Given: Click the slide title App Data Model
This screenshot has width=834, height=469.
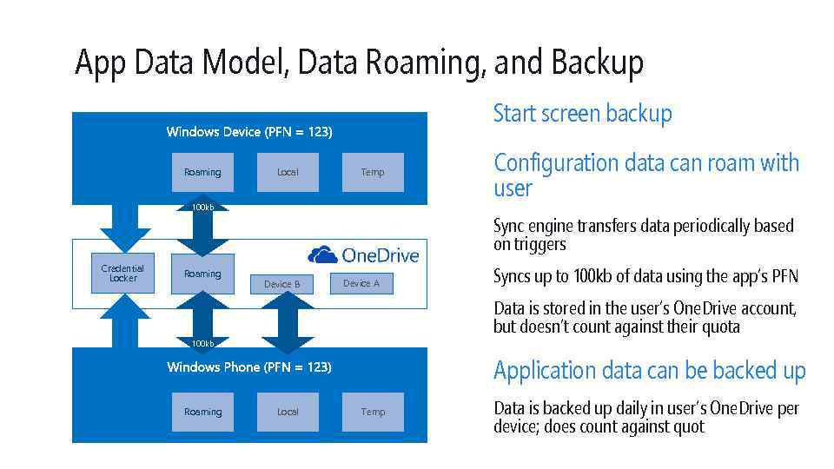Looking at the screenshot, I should (358, 63).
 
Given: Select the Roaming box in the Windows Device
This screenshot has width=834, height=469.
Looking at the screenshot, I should (202, 172).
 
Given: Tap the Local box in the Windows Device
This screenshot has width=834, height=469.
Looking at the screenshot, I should (288, 172).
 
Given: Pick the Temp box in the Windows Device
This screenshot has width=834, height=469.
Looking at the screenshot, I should (373, 172).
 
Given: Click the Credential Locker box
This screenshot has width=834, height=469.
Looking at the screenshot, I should (123, 274).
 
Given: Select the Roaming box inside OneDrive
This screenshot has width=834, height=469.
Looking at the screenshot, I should (202, 274).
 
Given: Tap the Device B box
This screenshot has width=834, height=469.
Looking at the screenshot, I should (282, 284).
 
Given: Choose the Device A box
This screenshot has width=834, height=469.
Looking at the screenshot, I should (361, 283).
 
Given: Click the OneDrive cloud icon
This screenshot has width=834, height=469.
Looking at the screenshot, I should (323, 254).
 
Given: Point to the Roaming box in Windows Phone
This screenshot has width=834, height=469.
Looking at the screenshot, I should (202, 412).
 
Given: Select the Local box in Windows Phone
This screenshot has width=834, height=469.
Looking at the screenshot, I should (288, 412).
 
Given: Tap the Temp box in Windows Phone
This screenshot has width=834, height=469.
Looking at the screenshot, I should (373, 412).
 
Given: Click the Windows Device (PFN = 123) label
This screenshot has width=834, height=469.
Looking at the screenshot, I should (249, 132).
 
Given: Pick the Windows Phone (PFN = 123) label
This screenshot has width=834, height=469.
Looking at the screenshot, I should (249, 367).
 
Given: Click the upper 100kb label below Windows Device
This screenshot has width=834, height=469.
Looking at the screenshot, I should (202, 208).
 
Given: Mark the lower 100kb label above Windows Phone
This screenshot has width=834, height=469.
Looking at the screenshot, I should (202, 344).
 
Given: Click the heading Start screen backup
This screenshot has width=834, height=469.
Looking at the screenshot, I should (582, 114).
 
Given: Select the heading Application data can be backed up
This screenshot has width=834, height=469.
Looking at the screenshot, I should (649, 371).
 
